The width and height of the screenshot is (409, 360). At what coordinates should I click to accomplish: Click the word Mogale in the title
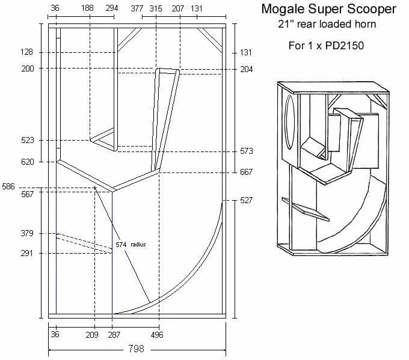click(281, 10)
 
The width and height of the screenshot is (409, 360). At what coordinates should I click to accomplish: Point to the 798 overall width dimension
click(137, 348)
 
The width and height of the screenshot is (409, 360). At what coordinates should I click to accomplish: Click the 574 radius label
click(131, 245)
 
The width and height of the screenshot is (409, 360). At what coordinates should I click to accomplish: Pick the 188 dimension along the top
click(88, 8)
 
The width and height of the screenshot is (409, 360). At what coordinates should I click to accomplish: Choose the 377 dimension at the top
click(137, 8)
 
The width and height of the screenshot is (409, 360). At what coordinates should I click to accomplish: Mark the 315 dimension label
click(156, 8)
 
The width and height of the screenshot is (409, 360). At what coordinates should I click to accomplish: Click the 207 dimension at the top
click(177, 8)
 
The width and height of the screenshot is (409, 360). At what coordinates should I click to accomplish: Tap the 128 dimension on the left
click(28, 53)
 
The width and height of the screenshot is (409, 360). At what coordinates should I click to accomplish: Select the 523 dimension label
click(28, 140)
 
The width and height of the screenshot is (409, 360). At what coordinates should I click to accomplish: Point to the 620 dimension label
click(28, 162)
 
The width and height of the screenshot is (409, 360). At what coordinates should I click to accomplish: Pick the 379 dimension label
click(28, 233)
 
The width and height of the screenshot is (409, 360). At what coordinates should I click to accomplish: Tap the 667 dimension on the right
click(246, 172)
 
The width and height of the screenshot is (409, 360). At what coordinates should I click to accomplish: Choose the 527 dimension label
click(246, 200)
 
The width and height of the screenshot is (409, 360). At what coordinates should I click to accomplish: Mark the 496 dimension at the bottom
click(156, 334)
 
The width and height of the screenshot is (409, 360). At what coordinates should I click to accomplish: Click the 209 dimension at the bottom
click(92, 334)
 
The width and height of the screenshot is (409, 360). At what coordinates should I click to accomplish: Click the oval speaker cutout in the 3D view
click(291, 123)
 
